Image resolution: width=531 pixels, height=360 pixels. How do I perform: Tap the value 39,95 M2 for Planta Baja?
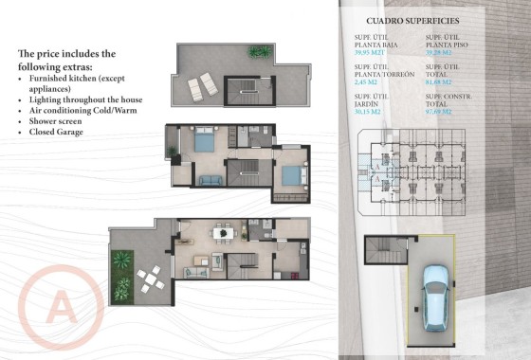click(x=369, y=53)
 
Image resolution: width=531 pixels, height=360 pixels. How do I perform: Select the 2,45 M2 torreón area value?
click(x=367, y=82)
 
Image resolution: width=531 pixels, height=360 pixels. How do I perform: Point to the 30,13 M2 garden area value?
click(x=367, y=111)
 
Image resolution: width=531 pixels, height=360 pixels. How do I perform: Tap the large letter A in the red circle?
click(x=60, y=309)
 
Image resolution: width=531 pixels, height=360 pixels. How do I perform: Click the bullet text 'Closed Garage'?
click(x=56, y=132)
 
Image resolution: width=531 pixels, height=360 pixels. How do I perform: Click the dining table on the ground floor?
click(x=221, y=231)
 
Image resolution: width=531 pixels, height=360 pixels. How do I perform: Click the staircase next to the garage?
click(x=384, y=254)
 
